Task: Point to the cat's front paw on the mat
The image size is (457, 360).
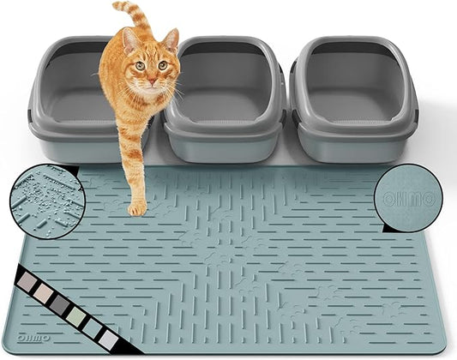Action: pos(137,207)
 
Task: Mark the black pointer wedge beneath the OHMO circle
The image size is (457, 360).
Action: pos(393,226)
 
